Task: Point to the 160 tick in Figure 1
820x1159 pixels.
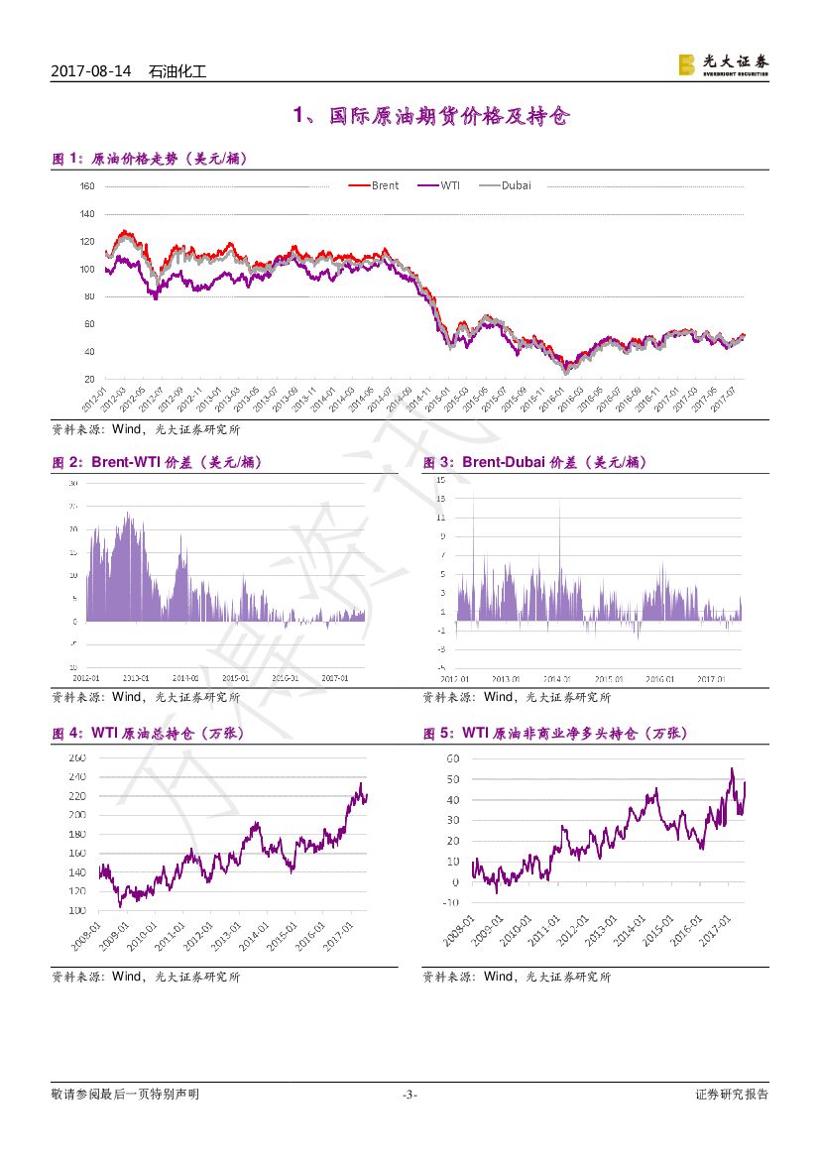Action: click(x=86, y=186)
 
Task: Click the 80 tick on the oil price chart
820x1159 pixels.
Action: click(x=88, y=296)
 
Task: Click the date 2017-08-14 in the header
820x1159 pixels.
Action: click(x=90, y=71)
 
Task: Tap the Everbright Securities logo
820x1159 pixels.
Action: click(x=723, y=64)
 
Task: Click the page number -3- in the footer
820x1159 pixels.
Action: click(x=410, y=1095)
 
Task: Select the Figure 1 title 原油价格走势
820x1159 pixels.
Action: click(x=149, y=158)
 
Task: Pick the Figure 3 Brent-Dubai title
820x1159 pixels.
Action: click(x=535, y=462)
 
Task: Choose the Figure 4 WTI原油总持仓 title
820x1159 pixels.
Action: click(x=148, y=734)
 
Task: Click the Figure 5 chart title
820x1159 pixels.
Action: click(x=555, y=734)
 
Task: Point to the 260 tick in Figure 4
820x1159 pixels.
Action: click(x=77, y=758)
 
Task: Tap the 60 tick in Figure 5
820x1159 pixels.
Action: click(x=452, y=758)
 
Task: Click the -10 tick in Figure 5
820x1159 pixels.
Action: click(x=449, y=902)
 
